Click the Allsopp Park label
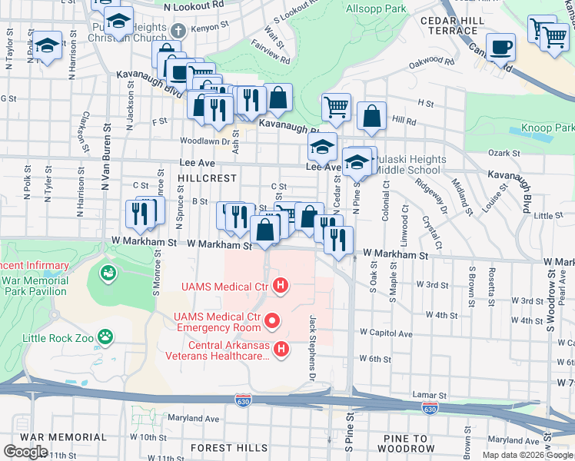click(376, 8)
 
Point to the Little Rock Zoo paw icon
click(105, 337)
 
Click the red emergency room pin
click(271, 318)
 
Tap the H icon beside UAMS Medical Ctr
click(281, 287)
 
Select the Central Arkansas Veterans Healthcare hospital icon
click(281, 350)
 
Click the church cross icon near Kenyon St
click(178, 32)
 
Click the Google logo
click(25, 452)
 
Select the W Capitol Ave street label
click(386, 333)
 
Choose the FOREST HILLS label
click(222, 447)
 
